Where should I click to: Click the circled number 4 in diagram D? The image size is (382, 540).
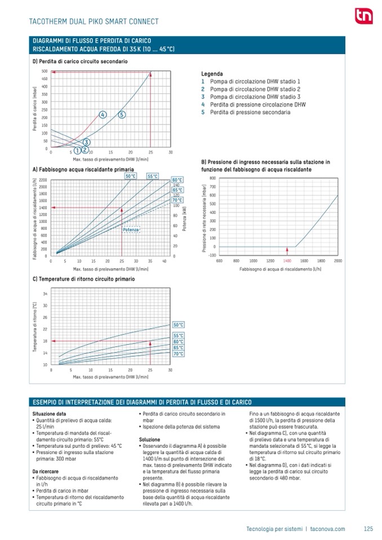pyautogui.click(x=103, y=115)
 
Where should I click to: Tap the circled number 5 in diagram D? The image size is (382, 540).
pyautogui.click(x=122, y=115)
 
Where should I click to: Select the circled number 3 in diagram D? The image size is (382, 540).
pyautogui.click(x=86, y=142)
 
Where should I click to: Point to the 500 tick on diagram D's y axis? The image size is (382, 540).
pyautogui.click(x=45, y=72)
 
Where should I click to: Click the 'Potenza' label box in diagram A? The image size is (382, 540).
pyautogui.click(x=131, y=229)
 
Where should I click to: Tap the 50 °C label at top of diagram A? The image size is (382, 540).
pyautogui.click(x=131, y=176)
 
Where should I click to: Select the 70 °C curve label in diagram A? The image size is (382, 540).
pyautogui.click(x=177, y=200)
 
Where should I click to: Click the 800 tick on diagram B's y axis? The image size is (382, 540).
pyautogui.click(x=213, y=178)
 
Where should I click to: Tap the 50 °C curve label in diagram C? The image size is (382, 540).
pyautogui.click(x=178, y=325)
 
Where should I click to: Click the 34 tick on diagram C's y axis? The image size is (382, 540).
pyautogui.click(x=45, y=294)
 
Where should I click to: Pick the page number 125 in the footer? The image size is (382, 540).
pyautogui.click(x=368, y=529)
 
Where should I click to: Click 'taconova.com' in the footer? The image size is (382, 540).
pyautogui.click(x=327, y=529)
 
